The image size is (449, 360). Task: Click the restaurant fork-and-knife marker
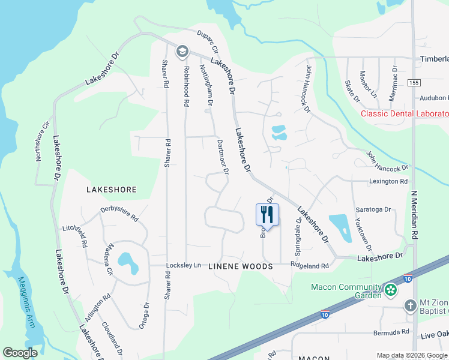click(267, 214)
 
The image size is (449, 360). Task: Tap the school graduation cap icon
click(182, 52)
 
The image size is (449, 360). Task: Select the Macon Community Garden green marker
click(391, 291)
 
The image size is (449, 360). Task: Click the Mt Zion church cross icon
click(410, 306)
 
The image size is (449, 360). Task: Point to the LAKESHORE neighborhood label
click(112, 190)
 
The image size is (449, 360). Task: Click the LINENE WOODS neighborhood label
click(240, 266)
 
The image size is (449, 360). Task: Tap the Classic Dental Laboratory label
click(404, 114)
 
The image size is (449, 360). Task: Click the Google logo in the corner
click(20, 352)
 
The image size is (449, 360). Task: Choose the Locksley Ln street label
click(184, 265)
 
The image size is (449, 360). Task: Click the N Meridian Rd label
click(414, 213)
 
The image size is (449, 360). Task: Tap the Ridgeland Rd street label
click(310, 265)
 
